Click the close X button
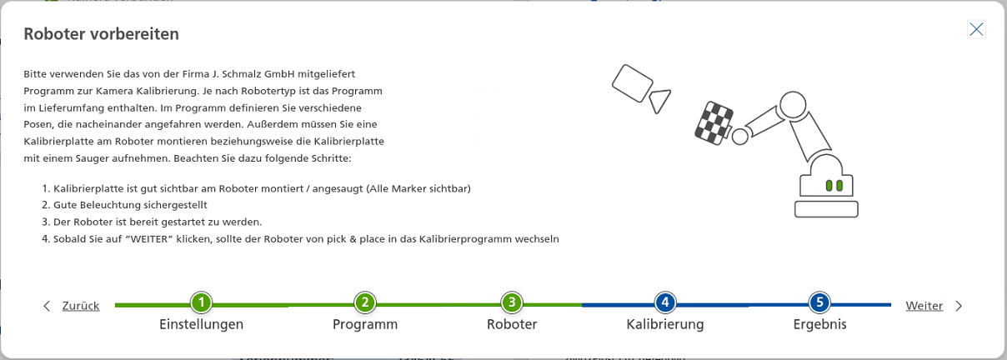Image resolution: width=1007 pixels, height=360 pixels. tap(976, 29)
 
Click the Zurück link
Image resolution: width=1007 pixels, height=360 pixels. tap(81, 306)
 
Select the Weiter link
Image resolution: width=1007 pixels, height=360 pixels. tap(924, 306)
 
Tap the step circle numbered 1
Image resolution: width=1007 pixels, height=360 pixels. tap(201, 302)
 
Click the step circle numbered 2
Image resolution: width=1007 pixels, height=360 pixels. tap(364, 302)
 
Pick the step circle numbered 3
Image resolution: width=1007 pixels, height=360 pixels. tap(511, 302)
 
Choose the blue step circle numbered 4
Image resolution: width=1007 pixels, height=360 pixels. tap(664, 302)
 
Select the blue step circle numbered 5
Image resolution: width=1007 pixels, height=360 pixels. tap(819, 302)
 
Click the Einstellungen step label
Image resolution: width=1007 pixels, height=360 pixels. tap(201, 324)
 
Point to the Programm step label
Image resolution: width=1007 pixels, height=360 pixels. tap(364, 324)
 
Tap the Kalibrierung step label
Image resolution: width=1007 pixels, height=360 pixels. tap(664, 324)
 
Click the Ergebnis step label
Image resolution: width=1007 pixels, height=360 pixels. tap(819, 324)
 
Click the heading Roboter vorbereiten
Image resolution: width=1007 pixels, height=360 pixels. tap(101, 34)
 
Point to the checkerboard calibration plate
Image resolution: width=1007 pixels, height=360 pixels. tap(714, 122)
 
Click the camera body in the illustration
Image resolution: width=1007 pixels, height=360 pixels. tap(632, 82)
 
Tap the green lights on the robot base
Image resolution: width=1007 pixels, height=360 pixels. tap(834, 185)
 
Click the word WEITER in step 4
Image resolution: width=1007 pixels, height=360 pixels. tap(151, 239)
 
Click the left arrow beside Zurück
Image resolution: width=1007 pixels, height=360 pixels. tap(48, 306)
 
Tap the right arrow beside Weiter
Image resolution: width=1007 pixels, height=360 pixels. tap(959, 306)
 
